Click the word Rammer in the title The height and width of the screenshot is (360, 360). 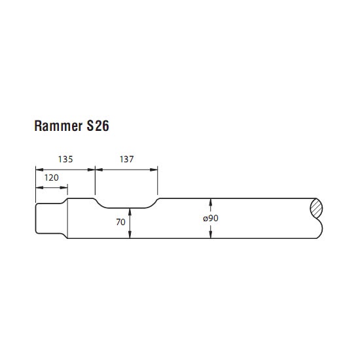click(58, 126)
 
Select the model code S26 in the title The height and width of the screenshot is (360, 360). click(98, 126)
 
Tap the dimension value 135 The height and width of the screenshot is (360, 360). click(65, 159)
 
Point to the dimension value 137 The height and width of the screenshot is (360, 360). click(126, 159)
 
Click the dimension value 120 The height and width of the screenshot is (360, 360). click(52, 177)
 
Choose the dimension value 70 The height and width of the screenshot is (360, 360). click(121, 222)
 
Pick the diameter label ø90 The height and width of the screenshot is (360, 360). click(211, 218)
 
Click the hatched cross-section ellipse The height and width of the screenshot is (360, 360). click(316, 208)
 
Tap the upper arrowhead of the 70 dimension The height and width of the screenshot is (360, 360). click(130, 212)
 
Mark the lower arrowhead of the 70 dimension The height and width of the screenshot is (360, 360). click(130, 234)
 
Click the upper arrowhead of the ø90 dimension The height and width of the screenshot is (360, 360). click(211, 202)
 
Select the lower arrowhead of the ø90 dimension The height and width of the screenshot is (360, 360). click(211, 234)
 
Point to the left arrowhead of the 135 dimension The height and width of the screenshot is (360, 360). click(39, 170)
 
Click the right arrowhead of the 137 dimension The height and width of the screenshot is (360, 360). click(154, 170)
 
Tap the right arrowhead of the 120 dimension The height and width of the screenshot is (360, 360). click(63, 188)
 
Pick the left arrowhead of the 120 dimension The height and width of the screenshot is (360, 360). click(39, 188)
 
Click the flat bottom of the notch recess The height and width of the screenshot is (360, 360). click(126, 208)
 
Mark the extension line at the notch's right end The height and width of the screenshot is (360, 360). click(158, 180)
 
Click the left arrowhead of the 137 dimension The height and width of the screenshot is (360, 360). click(99, 170)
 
